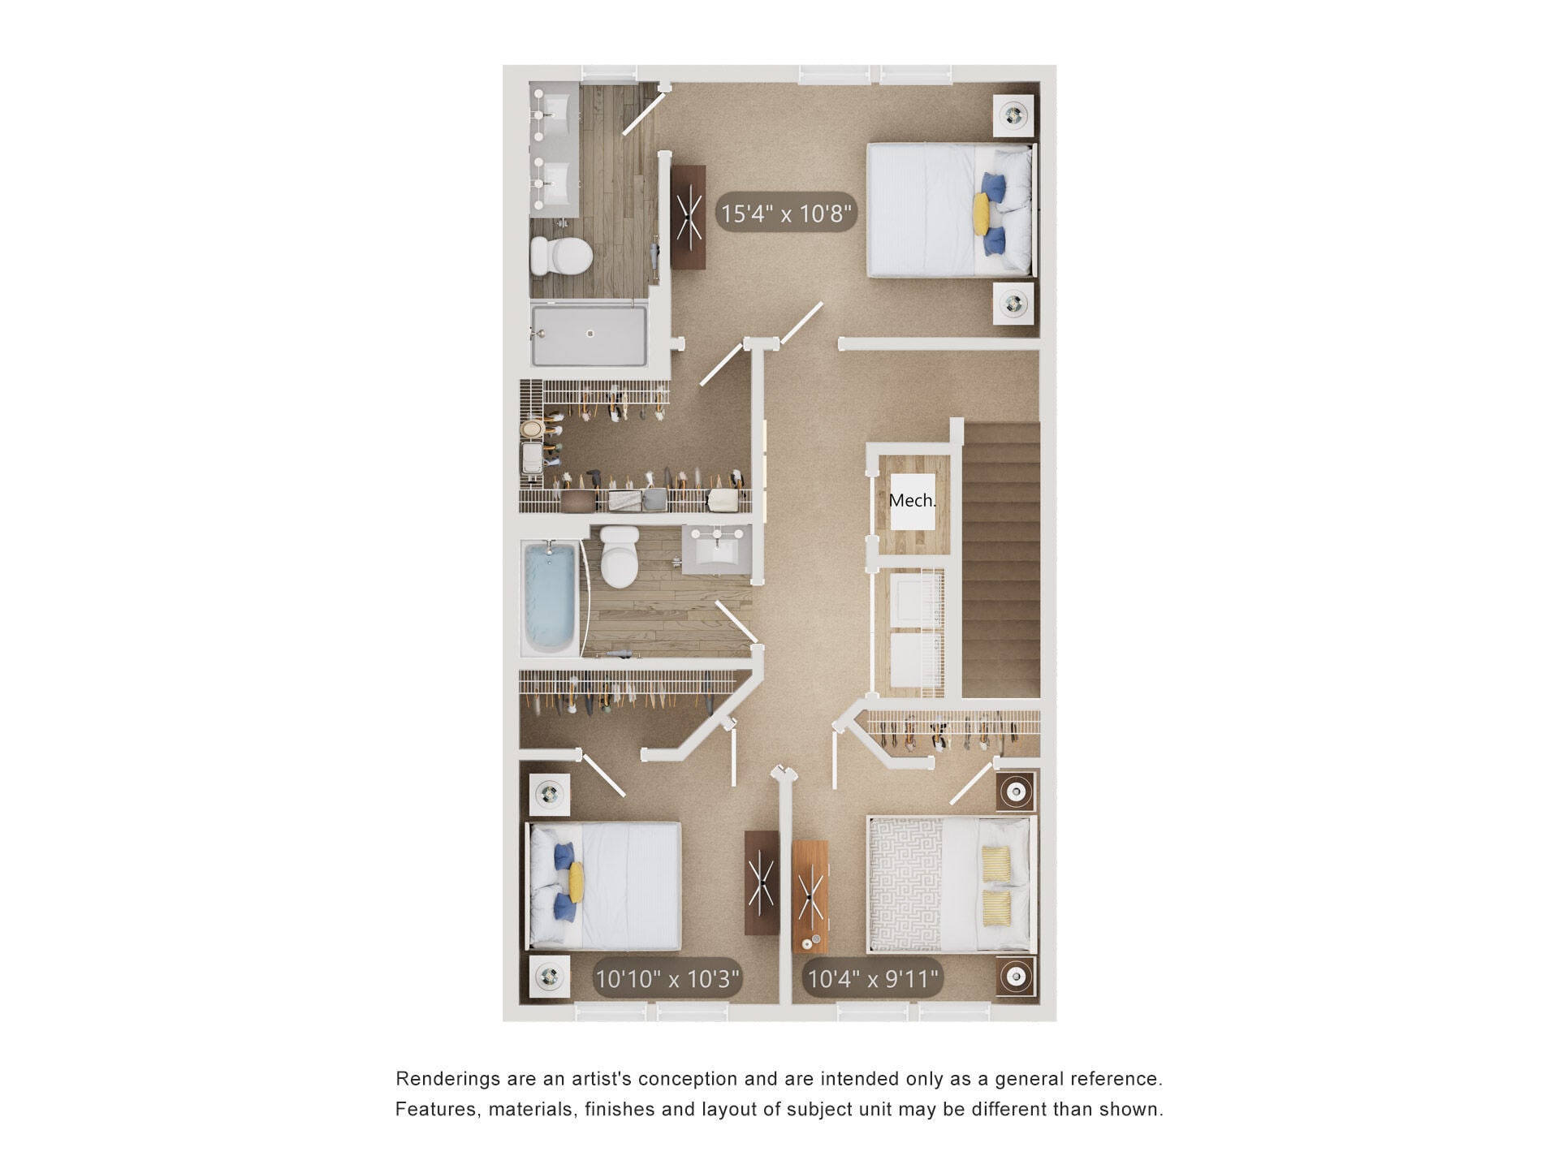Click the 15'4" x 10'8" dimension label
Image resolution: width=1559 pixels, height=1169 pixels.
(786, 214)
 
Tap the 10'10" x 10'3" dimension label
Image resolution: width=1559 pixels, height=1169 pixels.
(667, 978)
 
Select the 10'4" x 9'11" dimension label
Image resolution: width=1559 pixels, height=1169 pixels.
(873, 978)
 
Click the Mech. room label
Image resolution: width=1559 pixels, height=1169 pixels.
(912, 501)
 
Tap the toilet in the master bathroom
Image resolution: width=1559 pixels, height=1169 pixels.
(560, 256)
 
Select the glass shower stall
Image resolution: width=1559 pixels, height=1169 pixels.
(589, 334)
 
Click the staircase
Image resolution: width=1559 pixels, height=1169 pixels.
(1000, 560)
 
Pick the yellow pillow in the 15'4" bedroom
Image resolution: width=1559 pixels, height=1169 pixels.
(981, 212)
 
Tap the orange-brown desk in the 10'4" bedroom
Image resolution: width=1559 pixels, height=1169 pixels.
(810, 896)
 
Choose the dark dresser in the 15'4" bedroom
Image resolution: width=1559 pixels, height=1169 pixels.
(689, 217)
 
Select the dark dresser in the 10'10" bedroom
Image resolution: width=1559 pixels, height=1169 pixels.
(761, 882)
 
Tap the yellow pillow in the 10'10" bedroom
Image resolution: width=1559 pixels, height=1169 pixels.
(577, 882)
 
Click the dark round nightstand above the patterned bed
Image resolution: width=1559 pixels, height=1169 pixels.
(1015, 791)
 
